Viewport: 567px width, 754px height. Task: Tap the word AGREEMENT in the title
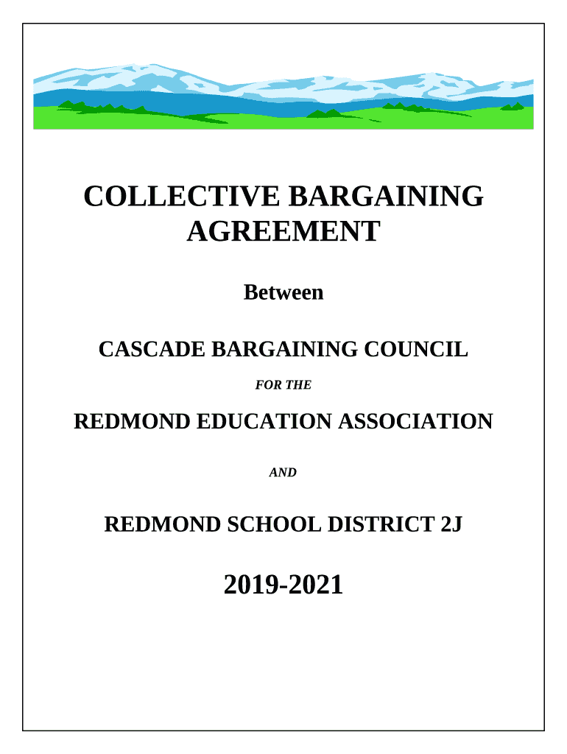pyautogui.click(x=283, y=232)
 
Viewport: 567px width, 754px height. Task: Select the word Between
pyautogui.click(x=283, y=292)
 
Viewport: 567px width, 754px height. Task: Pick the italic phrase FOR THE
pyautogui.click(x=283, y=384)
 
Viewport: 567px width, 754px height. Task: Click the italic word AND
pyautogui.click(x=283, y=473)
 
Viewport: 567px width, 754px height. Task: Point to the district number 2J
pyautogui.click(x=451, y=525)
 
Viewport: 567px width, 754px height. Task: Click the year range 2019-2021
pyautogui.click(x=283, y=585)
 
